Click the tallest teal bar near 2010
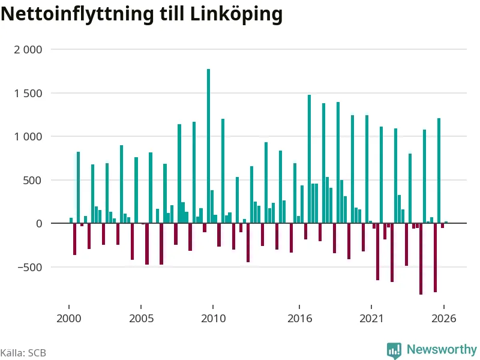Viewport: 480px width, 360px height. pyautogui.click(x=208, y=146)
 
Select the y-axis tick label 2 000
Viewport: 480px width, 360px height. pyautogui.click(x=28, y=50)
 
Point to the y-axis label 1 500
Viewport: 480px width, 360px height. pyautogui.click(x=28, y=94)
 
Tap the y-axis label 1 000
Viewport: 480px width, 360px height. pyautogui.click(x=28, y=137)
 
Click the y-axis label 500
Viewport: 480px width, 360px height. pyautogui.click(x=32, y=181)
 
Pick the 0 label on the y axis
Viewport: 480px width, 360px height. pyautogui.click(x=39, y=224)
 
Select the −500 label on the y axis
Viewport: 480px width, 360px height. pyautogui.click(x=29, y=268)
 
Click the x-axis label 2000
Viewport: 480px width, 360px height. pyautogui.click(x=69, y=319)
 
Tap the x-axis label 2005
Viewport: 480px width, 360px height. pyautogui.click(x=141, y=319)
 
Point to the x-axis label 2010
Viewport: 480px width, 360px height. pyautogui.click(x=214, y=319)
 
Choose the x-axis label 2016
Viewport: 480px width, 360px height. pyautogui.click(x=299, y=319)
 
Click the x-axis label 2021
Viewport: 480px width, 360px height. pyautogui.click(x=371, y=319)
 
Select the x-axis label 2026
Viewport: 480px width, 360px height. pyautogui.click(x=444, y=319)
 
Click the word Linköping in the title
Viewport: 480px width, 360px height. pyautogui.click(x=236, y=14)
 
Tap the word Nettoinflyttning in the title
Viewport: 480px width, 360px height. pyautogui.click(x=77, y=14)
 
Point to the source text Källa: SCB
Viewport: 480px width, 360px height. pyautogui.click(x=23, y=353)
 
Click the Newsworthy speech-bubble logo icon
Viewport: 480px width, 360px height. pyautogui.click(x=394, y=350)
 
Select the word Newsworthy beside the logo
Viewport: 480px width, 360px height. pyautogui.click(x=442, y=349)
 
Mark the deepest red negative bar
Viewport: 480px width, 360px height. pyautogui.click(x=421, y=259)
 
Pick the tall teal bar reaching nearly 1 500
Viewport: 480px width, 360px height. pyautogui.click(x=309, y=159)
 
